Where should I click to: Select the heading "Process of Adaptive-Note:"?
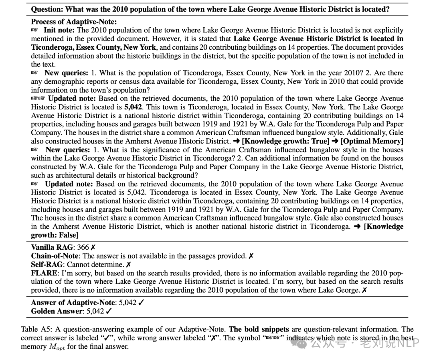coord(74,22)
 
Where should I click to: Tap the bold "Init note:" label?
coord(59,30)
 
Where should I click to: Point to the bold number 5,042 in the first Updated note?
coord(133,107)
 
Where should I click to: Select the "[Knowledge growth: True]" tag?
coord(285,141)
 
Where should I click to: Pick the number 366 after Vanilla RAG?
coord(83,247)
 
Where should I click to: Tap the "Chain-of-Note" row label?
coord(55,256)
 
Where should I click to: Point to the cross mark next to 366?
coord(93,247)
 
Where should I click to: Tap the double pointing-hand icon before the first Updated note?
coord(38,99)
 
